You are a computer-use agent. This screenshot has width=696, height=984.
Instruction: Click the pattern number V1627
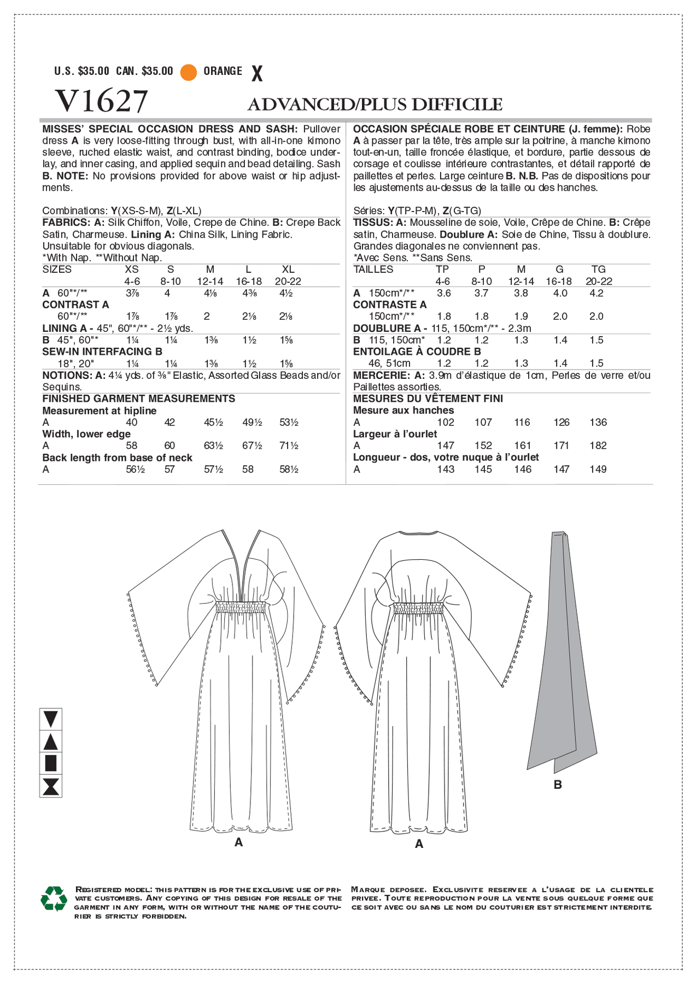[x=101, y=102]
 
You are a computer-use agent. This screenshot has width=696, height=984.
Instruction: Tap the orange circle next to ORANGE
[x=189, y=72]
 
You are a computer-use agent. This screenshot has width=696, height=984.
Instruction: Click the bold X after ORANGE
[x=256, y=73]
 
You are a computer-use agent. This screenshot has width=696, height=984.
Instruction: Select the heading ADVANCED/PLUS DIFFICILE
[x=375, y=104]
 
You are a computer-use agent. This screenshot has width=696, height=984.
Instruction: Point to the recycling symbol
[x=54, y=898]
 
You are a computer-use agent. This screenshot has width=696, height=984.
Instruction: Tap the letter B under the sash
[x=558, y=785]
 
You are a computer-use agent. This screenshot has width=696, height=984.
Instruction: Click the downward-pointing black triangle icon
[x=50, y=719]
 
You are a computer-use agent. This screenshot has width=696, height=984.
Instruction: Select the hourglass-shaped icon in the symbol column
[x=50, y=787]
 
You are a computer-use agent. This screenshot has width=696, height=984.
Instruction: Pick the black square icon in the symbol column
[x=50, y=764]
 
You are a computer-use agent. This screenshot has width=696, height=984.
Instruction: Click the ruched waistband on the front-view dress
[x=241, y=607]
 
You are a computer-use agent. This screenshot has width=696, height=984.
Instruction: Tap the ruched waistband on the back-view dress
[x=419, y=608]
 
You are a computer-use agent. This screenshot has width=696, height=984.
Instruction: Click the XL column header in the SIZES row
[x=288, y=270]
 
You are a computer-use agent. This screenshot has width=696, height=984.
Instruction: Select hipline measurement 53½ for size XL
[x=289, y=423]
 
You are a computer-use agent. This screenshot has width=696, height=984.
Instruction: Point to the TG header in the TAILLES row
[x=599, y=270]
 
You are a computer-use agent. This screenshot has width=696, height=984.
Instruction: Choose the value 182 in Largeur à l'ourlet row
[x=598, y=446]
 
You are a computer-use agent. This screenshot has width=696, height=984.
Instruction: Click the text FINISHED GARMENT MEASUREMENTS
[x=139, y=399]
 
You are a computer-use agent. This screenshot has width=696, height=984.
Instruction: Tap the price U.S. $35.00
[x=82, y=72]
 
